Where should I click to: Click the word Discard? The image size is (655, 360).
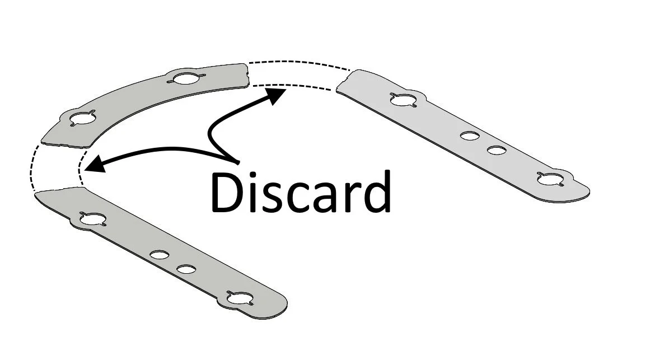coord(300,192)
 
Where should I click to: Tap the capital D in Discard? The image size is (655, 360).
coord(226,192)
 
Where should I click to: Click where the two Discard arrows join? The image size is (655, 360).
coord(237,162)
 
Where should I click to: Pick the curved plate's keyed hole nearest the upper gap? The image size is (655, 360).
coord(184,78)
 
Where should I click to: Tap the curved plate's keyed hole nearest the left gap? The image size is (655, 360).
coord(83,119)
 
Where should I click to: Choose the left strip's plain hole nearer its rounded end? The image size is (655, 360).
coord(186,269)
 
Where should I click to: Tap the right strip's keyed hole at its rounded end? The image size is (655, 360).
coord(550,179)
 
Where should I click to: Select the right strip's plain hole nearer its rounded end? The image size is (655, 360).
coord(496,150)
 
